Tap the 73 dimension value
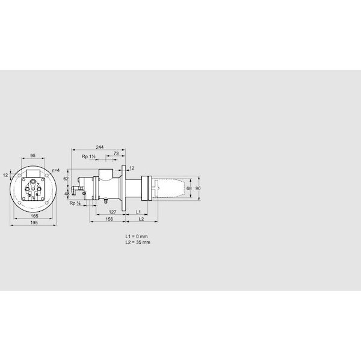[x=116, y=153]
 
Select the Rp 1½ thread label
[x=89, y=156]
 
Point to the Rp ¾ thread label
[x=75, y=203]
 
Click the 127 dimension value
[x=112, y=212]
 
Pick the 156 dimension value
[x=109, y=220]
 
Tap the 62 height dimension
[x=67, y=179]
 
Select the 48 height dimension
[x=67, y=193]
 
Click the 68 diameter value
[x=188, y=189]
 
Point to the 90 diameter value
[x=198, y=189]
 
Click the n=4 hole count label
[x=55, y=171]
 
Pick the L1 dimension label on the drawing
[x=138, y=212]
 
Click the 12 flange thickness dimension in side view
[x=132, y=167]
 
